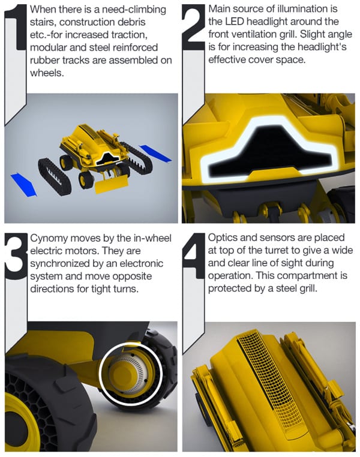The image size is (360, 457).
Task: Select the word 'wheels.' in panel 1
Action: point(47,73)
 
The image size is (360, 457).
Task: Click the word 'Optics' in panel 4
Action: point(223,238)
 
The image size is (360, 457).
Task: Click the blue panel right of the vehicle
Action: point(155,154)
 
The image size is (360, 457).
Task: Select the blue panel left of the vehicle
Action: point(23,185)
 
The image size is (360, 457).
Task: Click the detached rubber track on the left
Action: point(54,176)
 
